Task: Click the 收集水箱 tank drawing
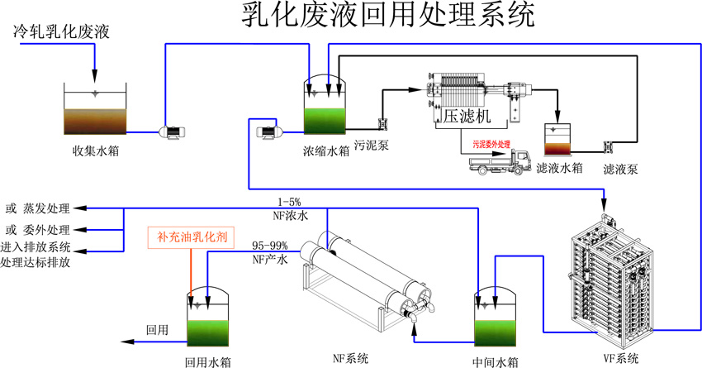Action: click(x=96, y=112)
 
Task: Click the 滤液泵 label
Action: click(x=619, y=169)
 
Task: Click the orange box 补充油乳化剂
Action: click(x=192, y=237)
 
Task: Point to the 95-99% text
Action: click(x=268, y=246)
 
